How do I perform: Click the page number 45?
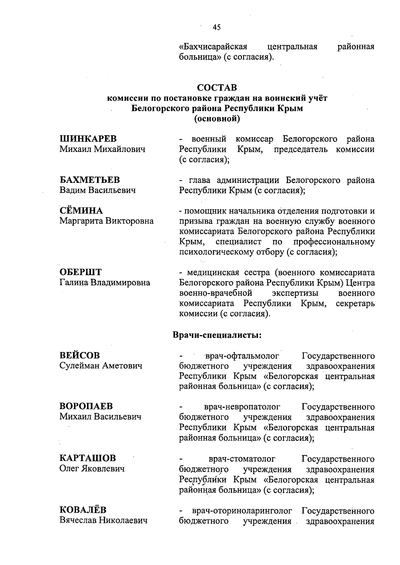(217, 28)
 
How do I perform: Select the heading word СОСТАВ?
(217, 88)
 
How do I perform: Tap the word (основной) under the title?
(217, 119)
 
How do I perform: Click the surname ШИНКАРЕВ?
(88, 139)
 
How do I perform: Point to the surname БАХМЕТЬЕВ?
(90, 180)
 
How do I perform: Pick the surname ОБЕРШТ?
(81, 273)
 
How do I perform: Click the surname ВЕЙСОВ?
(80, 355)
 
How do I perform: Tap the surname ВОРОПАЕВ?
(86, 406)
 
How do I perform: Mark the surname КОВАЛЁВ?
(83, 510)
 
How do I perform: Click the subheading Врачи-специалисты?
(217, 335)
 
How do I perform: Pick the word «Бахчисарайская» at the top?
(213, 47)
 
